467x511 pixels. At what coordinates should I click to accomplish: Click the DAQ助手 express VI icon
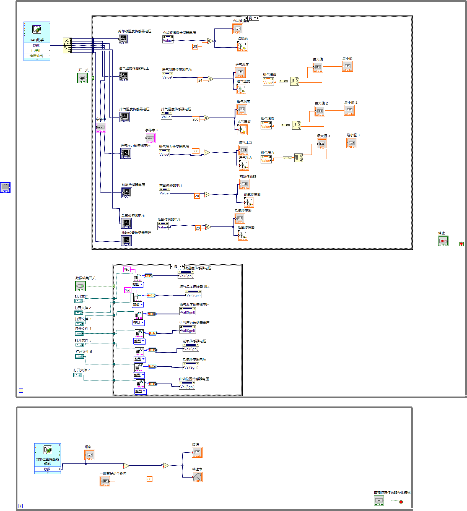pyautogui.click(x=37, y=29)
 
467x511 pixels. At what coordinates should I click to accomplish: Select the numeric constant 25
pyautogui.click(x=195, y=46)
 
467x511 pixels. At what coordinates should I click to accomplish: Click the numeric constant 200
pyautogui.click(x=195, y=119)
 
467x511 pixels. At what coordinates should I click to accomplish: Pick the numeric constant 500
pyautogui.click(x=195, y=151)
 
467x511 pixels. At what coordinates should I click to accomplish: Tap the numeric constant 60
pyautogui.click(x=149, y=479)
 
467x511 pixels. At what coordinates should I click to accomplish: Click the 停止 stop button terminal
pyautogui.click(x=443, y=241)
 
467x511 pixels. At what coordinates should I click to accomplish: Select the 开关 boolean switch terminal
pyautogui.click(x=82, y=78)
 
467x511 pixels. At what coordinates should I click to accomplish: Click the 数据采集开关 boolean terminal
pyautogui.click(x=81, y=286)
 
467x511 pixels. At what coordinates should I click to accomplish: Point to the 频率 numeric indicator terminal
pyautogui.click(x=89, y=455)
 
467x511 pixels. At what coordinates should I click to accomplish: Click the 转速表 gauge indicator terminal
pyautogui.click(x=197, y=477)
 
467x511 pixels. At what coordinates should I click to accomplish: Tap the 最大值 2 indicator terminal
pyautogui.click(x=320, y=111)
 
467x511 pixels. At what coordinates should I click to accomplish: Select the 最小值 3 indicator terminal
pyautogui.click(x=351, y=143)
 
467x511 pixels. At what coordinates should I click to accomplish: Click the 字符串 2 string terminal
pyautogui.click(x=150, y=138)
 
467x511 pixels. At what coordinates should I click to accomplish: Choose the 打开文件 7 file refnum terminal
pyautogui.click(x=78, y=375)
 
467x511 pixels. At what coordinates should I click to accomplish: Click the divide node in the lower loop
pyautogui.click(x=126, y=466)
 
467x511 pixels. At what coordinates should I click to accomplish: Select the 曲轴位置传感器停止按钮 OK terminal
pyautogui.click(x=379, y=500)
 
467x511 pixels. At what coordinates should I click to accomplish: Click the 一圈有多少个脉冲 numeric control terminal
pyautogui.click(x=105, y=481)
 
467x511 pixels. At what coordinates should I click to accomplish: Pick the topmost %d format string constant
pyautogui.click(x=127, y=269)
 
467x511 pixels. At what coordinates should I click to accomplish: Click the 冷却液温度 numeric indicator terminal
pyautogui.click(x=237, y=29)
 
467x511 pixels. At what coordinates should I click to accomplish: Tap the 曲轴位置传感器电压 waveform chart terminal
pyautogui.click(x=126, y=240)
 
